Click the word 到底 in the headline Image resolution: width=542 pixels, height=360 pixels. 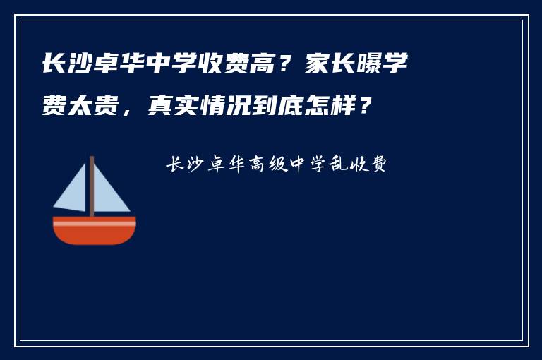pos(277,107)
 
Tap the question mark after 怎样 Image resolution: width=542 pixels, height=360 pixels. pos(363,107)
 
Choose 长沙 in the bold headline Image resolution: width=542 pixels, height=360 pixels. pos(68,65)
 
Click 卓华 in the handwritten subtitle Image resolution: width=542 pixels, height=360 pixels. pos(226,165)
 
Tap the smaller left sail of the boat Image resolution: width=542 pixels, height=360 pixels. pos(73,192)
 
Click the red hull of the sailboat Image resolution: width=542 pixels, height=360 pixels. pos(95,234)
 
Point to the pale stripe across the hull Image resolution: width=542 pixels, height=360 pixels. pos(95,223)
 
